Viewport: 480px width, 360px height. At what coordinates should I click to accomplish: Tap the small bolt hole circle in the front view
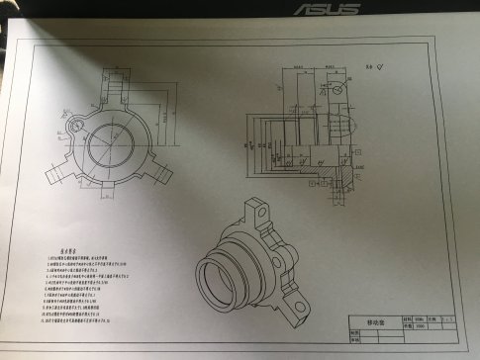click(75, 127)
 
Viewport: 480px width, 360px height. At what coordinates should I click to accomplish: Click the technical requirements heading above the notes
click(62, 252)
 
